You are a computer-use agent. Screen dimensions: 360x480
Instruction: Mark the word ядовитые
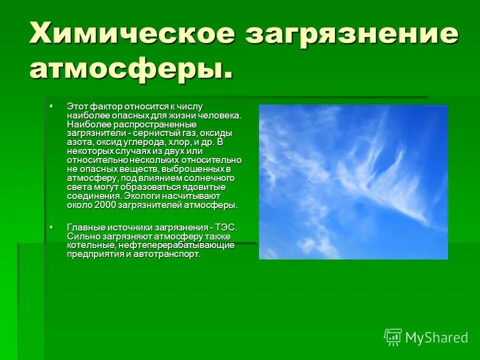205,187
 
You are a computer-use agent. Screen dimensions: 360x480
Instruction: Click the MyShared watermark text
436,337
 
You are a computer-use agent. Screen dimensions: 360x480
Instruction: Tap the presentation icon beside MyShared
392,337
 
